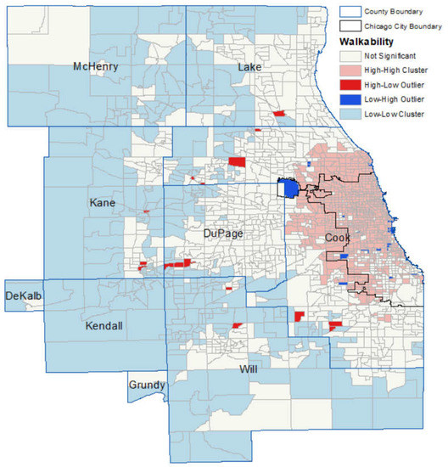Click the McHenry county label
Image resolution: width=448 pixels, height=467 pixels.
95,66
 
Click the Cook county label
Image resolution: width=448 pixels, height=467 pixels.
338,239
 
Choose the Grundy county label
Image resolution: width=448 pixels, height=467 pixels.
146,385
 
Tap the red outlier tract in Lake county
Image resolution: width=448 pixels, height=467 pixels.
277,114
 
